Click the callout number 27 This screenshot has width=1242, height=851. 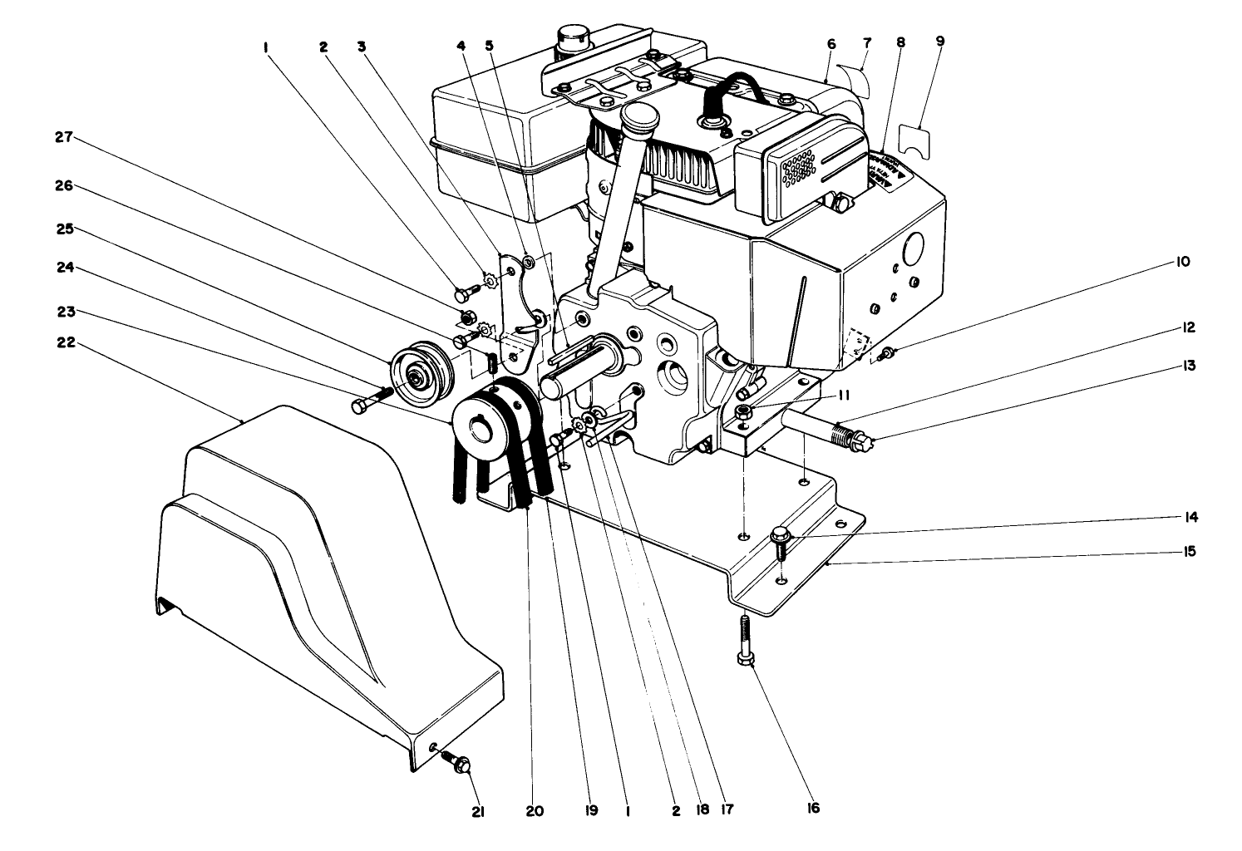[x=64, y=138]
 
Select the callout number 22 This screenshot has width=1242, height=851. [x=64, y=342]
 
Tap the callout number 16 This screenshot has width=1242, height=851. [x=812, y=808]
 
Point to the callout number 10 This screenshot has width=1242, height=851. [x=1183, y=262]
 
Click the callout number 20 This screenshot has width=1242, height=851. [x=535, y=810]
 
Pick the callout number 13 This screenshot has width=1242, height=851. [x=1189, y=365]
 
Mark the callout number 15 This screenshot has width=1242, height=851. [x=1189, y=551]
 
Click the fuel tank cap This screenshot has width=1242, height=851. [x=569, y=38]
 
